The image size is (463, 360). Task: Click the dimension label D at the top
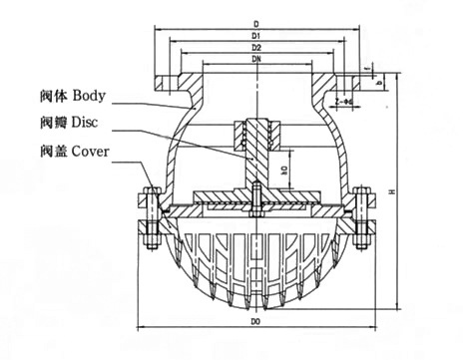point(256,20)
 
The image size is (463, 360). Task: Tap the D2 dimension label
point(256,48)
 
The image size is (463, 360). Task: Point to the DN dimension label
point(256,61)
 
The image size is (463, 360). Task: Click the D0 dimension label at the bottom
point(256,324)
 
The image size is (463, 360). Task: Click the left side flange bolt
point(151,213)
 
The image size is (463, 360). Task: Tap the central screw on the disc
point(256,196)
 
